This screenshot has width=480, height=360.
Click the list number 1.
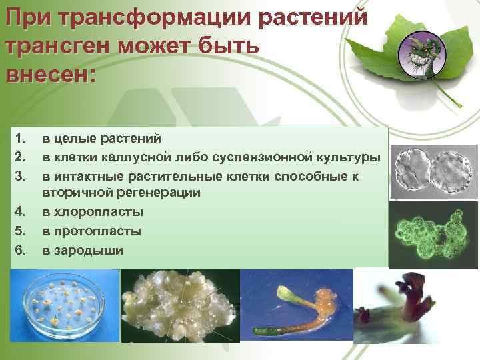[19, 139]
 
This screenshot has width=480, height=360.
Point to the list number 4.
[19, 212]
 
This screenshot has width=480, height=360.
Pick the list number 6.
[19, 250]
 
